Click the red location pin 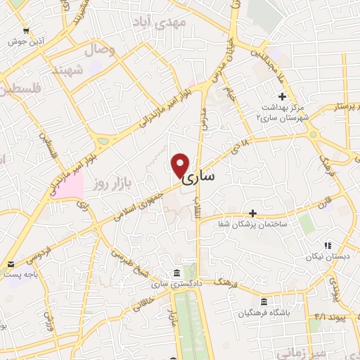(x=181, y=165)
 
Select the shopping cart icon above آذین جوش (x=26, y=30)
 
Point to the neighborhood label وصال (x=99, y=51)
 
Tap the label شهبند (x=67, y=70)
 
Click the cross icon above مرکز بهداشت (x=282, y=96)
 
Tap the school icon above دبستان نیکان (x=327, y=245)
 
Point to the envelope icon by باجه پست (x=10, y=264)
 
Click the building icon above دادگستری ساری (x=174, y=273)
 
